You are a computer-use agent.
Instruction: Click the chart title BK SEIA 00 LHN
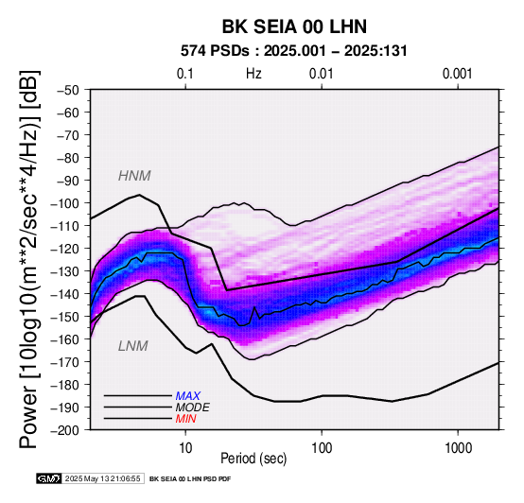(x=294, y=26)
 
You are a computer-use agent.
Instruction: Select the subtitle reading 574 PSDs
(x=215, y=51)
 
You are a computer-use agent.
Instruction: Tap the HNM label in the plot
(x=134, y=176)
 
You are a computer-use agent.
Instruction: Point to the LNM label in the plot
(x=133, y=346)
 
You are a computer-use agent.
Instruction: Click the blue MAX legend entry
(x=188, y=396)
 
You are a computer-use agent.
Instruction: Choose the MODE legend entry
(x=193, y=408)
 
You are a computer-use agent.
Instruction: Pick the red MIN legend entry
(x=185, y=419)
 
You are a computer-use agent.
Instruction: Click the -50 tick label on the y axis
(x=67, y=90)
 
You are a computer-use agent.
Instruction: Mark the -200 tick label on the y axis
(x=65, y=430)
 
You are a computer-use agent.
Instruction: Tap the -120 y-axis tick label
(x=65, y=249)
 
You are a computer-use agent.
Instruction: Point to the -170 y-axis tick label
(x=65, y=362)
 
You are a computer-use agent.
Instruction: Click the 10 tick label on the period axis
(x=185, y=448)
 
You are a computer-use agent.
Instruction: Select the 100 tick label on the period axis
(x=322, y=448)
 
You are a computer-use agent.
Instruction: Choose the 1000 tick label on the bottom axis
(x=458, y=448)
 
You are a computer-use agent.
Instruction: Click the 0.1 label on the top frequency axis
(x=185, y=74)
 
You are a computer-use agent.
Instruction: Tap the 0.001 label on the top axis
(x=458, y=74)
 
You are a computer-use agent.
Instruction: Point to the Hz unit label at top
(x=253, y=74)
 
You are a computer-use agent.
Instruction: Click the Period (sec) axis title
(x=253, y=459)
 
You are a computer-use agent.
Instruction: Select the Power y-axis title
(x=29, y=260)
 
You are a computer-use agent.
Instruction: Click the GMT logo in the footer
(x=49, y=478)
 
